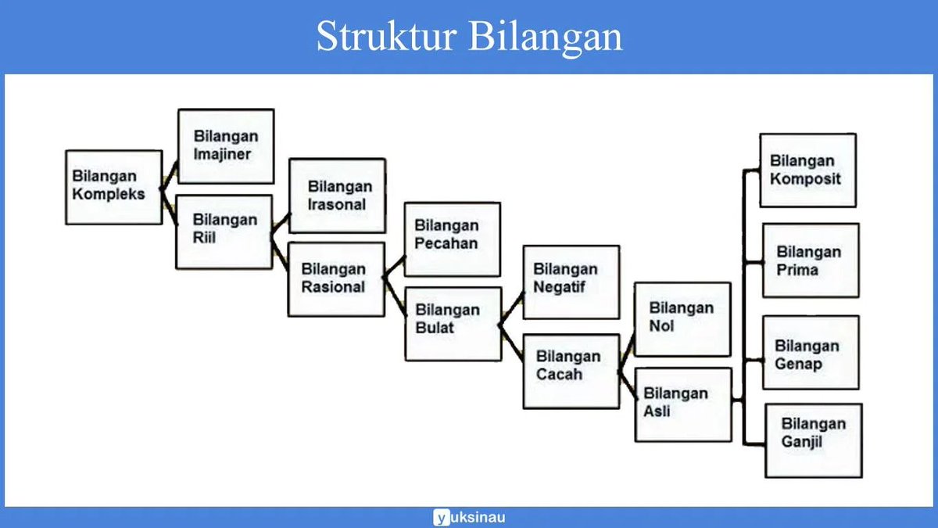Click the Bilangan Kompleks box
(114, 187)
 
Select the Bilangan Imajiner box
(226, 146)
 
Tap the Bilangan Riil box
(224, 232)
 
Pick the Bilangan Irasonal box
(337, 196)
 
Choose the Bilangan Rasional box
(336, 279)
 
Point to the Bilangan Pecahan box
(452, 239)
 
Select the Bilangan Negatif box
(571, 282)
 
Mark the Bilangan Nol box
(682, 319)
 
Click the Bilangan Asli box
(682, 404)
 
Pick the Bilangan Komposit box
(807, 170)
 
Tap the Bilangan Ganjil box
(813, 440)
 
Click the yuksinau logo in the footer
(469, 517)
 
